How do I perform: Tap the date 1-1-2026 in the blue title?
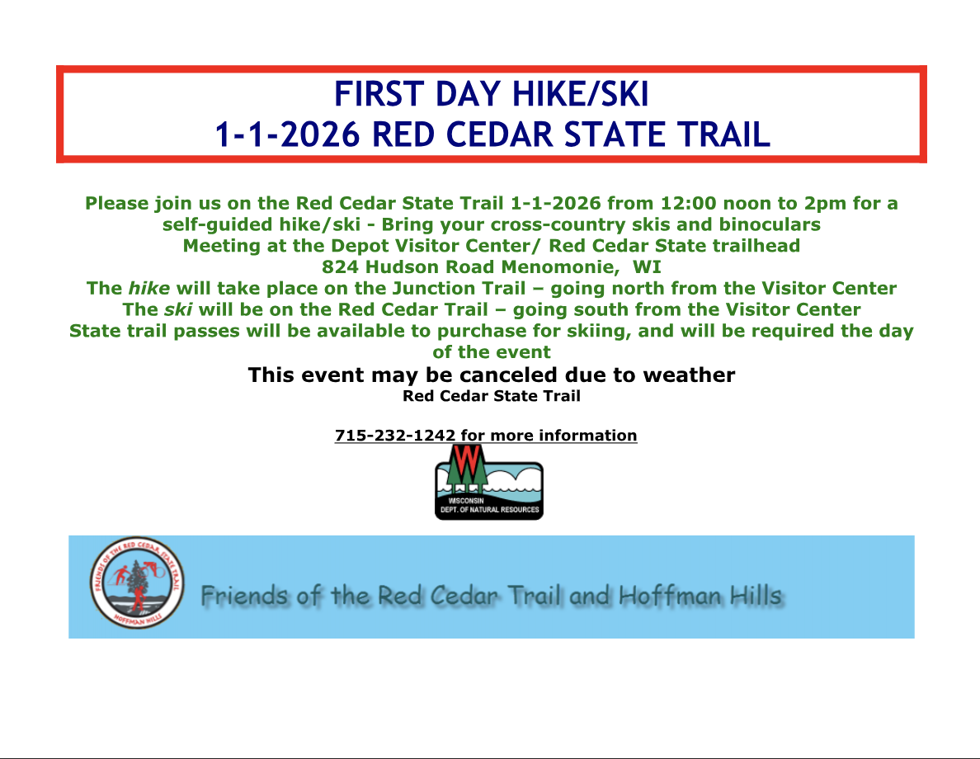click(288, 134)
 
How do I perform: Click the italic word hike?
click(148, 288)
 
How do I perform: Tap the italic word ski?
click(178, 309)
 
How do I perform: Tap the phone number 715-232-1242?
click(395, 435)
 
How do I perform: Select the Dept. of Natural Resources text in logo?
click(489, 510)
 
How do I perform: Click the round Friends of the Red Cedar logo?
click(137, 582)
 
